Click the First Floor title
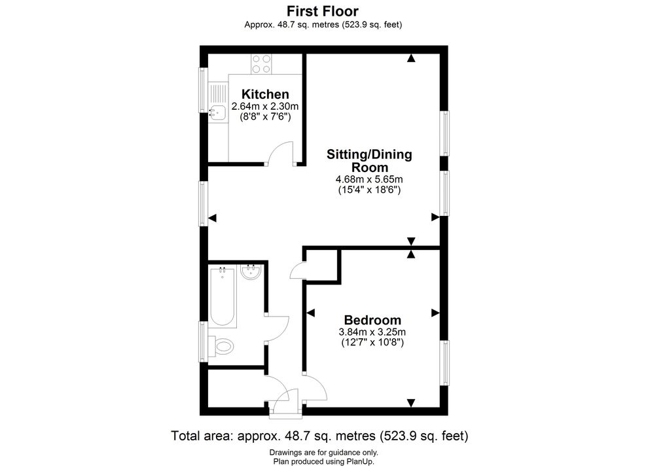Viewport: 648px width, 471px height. (323, 10)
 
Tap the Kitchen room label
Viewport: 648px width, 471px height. (265, 94)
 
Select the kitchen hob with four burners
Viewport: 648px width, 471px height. (262, 64)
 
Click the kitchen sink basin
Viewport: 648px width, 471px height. (217, 113)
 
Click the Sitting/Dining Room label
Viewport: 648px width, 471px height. (369, 161)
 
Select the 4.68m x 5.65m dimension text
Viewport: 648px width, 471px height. (369, 179)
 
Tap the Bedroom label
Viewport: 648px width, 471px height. (372, 320)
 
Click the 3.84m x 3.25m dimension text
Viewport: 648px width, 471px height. (372, 332)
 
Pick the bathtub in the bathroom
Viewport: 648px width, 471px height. (223, 298)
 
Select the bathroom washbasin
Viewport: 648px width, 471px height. (250, 271)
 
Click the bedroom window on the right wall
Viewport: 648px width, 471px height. (446, 363)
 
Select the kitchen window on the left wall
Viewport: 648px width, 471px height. (202, 90)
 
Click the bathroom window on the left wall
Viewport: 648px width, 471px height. (202, 341)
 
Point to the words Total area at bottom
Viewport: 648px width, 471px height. (202, 436)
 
